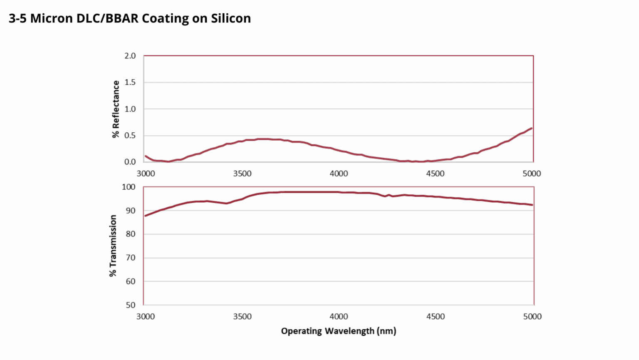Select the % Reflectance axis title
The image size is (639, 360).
(116, 109)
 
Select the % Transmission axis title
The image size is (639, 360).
(113, 246)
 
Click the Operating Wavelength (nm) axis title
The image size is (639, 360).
(338, 331)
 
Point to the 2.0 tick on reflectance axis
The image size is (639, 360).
(130, 56)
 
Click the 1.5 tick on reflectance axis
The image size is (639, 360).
(130, 82)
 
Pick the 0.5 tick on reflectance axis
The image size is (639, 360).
(130, 136)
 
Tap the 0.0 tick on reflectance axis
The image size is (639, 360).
(130, 162)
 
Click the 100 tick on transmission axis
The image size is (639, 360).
(129, 187)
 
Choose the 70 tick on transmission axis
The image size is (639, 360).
(131, 258)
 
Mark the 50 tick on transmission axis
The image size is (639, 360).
(131, 305)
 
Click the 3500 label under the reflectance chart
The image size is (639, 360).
(242, 174)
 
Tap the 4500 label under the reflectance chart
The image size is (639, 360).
(435, 174)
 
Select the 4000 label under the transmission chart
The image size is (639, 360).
(339, 317)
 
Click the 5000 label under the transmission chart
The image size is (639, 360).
(532, 317)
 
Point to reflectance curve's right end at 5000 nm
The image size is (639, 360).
(532, 128)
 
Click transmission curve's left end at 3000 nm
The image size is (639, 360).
(145, 216)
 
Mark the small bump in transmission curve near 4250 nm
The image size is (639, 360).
(389, 195)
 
